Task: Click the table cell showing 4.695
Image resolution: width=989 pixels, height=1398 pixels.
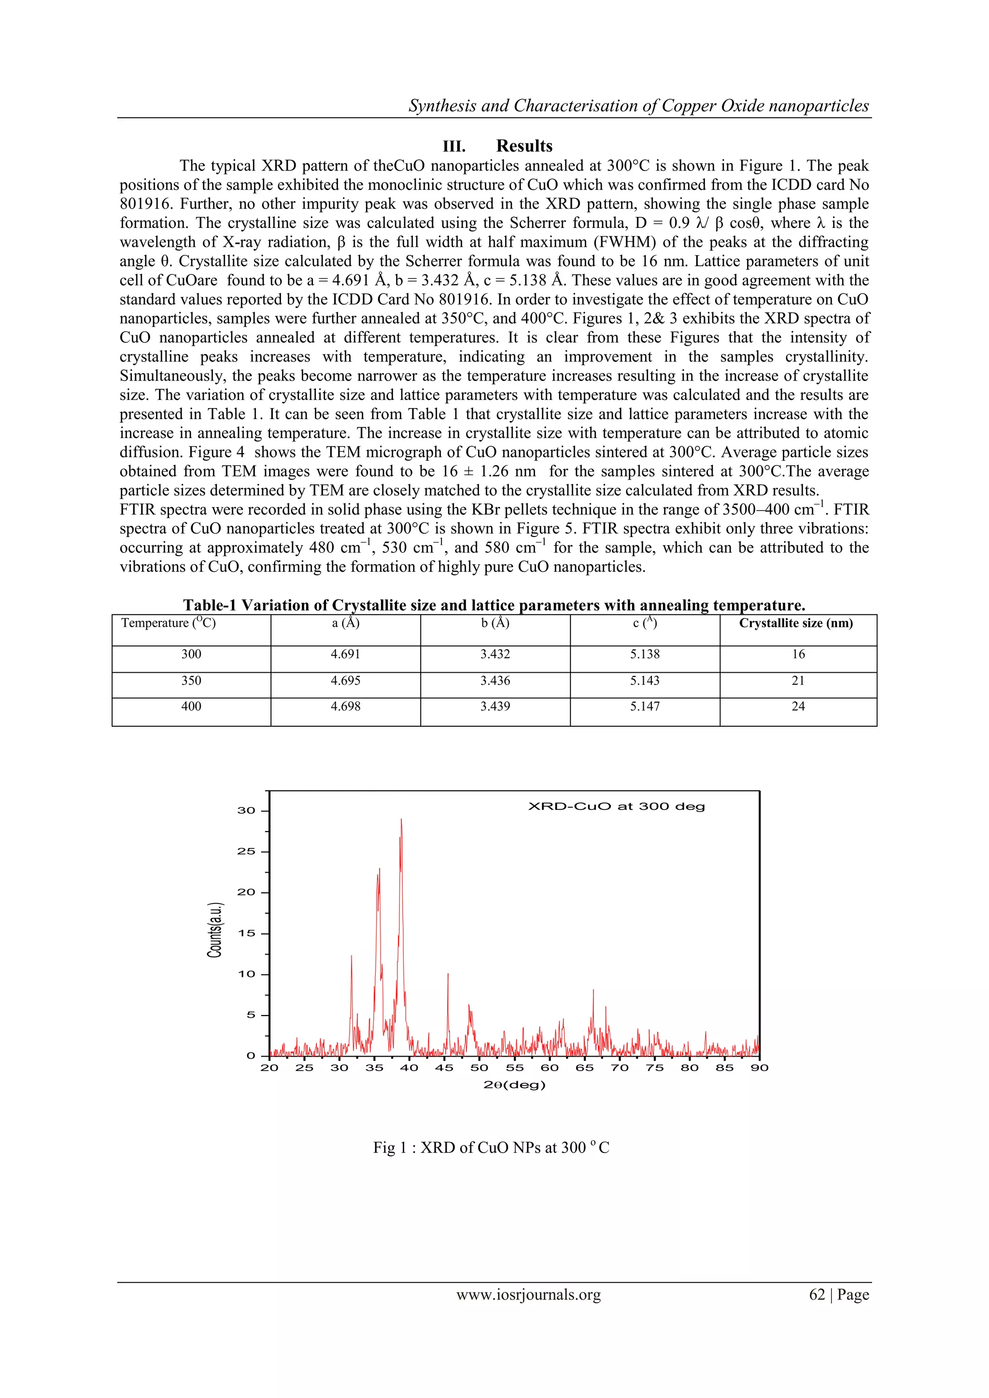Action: (345, 681)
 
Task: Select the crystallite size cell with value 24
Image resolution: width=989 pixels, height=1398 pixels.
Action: (798, 706)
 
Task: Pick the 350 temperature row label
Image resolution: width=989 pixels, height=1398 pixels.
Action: (191, 681)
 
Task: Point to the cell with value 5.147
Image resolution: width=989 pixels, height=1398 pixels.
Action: (644, 706)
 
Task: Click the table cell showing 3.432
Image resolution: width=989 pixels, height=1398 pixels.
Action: (494, 654)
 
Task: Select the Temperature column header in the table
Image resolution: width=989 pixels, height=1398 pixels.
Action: (169, 623)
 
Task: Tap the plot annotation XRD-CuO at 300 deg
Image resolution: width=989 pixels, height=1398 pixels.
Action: (616, 807)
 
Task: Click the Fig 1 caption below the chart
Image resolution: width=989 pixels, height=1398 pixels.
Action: (491, 1148)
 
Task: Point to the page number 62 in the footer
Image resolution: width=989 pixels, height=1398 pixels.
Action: (817, 1295)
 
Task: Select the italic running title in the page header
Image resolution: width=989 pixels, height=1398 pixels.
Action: (638, 106)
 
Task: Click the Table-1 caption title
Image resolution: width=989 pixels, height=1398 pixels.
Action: (494, 605)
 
